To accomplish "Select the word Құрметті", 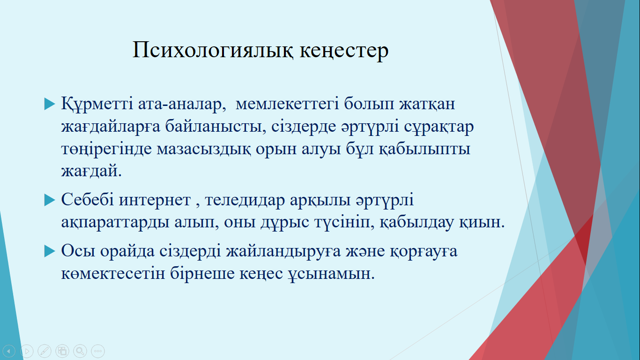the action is [x=97, y=103].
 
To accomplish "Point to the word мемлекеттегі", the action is [x=287, y=104].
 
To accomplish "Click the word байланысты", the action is [x=216, y=127].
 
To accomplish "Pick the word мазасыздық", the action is [x=204, y=149].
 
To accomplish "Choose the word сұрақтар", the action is [x=439, y=127].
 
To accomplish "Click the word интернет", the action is [x=155, y=200].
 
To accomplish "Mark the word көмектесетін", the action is [x=113, y=273].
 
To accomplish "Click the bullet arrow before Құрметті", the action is [x=49, y=104].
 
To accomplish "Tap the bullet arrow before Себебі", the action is [x=49, y=200].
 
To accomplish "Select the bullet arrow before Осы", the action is [x=49, y=251].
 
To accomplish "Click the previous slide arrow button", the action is [x=9, y=351].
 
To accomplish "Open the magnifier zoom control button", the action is [x=80, y=351].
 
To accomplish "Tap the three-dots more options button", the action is [x=98, y=351].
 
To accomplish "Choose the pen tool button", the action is [x=45, y=351].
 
